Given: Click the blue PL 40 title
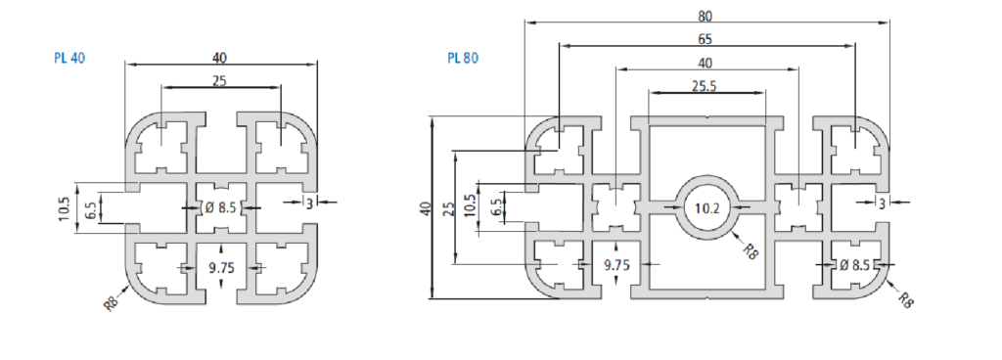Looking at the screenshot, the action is click(69, 58).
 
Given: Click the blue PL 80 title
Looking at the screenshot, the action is click(463, 58).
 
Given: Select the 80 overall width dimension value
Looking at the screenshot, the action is click(705, 16).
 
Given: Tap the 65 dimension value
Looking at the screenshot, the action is click(705, 39).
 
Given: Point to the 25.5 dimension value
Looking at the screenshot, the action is click(705, 86).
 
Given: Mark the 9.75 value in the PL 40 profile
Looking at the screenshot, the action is click(221, 268).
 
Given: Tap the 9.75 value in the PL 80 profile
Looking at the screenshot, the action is click(616, 264).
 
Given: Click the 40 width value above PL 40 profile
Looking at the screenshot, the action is click(219, 58).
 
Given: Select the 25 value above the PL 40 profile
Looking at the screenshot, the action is click(219, 82).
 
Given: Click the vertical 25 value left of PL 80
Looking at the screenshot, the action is click(450, 208).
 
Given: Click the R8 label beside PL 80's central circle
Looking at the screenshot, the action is click(751, 250).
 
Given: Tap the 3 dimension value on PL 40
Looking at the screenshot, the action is click(309, 203).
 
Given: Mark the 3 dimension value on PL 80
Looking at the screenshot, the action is click(883, 203).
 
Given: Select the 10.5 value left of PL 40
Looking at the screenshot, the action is click(64, 208).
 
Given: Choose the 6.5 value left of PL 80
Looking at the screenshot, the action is click(495, 208).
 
